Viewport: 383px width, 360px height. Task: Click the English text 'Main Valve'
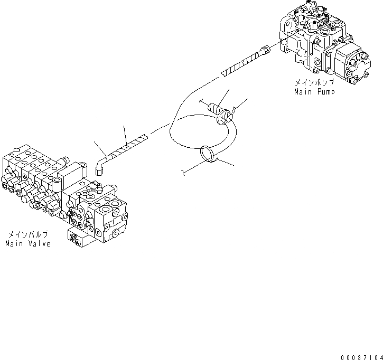point(28,243)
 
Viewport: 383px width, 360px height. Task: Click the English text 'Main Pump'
point(314,91)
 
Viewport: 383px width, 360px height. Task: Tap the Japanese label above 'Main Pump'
point(315,83)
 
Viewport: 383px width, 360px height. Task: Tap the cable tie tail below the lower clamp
point(183,172)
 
